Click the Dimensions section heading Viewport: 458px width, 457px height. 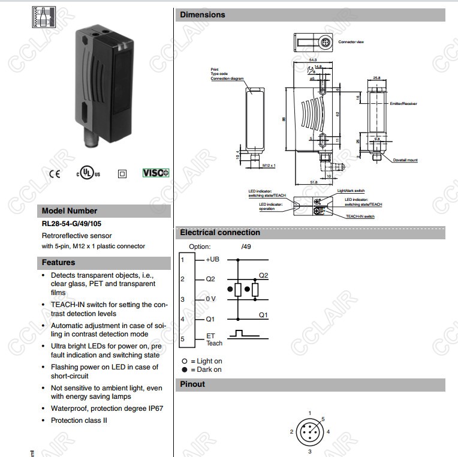tap(203, 14)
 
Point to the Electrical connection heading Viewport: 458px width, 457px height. tap(220, 232)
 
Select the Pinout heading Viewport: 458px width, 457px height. tap(192, 384)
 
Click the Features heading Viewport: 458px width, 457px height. tap(58, 262)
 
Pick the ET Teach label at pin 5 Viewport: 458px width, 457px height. tap(214, 339)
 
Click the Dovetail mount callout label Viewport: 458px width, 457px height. tap(405, 160)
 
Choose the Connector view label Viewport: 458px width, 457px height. tap(351, 42)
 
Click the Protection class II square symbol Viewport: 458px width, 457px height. tap(122, 174)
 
